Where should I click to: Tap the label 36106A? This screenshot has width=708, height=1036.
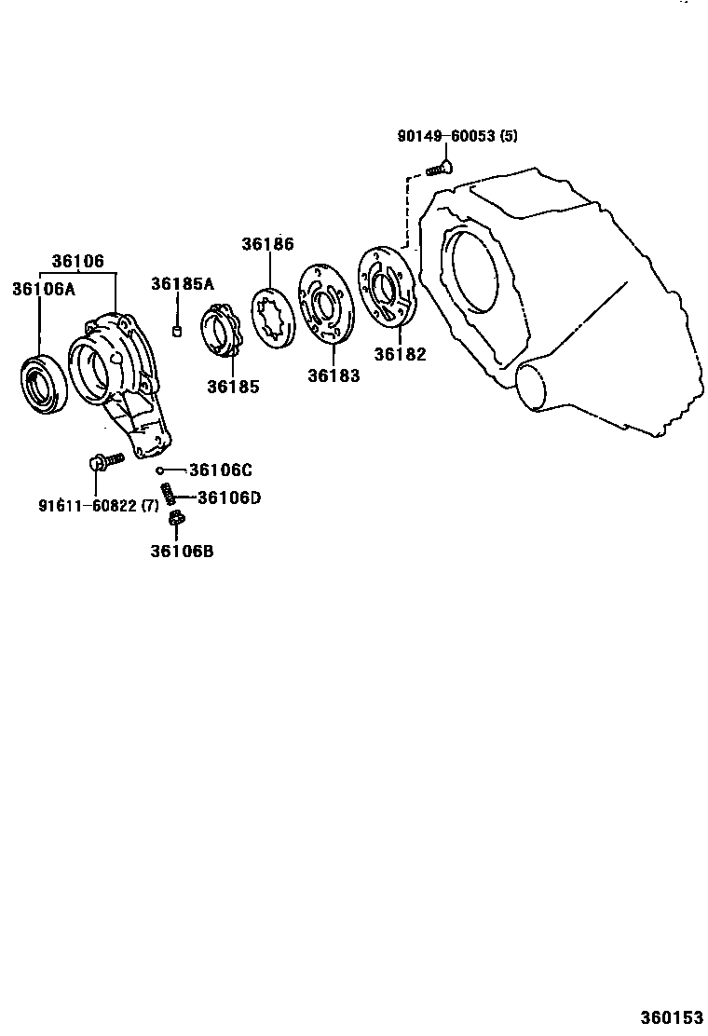tap(43, 289)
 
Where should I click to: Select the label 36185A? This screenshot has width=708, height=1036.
tap(184, 283)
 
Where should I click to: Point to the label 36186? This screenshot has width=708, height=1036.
tap(267, 245)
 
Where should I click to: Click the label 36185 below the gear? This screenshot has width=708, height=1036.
tap(233, 387)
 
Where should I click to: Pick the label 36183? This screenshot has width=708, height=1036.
tap(334, 375)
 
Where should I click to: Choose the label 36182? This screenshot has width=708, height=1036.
tap(400, 354)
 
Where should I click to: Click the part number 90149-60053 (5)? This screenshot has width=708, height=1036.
tap(456, 136)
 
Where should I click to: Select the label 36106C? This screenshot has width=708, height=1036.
tap(220, 470)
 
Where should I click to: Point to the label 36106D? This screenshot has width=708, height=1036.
tap(228, 498)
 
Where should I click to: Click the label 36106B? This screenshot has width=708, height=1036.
tap(182, 551)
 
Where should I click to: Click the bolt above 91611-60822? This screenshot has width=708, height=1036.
tap(103, 460)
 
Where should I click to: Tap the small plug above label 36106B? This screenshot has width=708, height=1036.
tap(179, 518)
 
